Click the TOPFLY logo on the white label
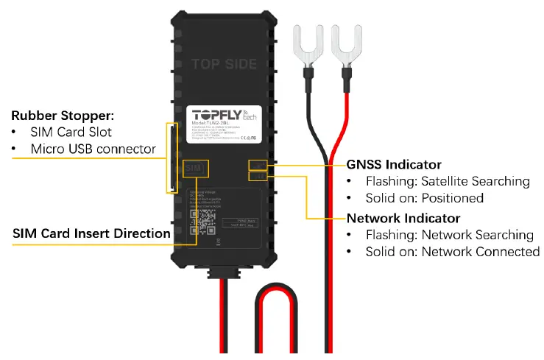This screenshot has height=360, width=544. pyautogui.click(x=221, y=115)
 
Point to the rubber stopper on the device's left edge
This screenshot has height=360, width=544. pyautogui.click(x=172, y=159)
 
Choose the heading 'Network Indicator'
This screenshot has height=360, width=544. pyautogui.click(x=403, y=218)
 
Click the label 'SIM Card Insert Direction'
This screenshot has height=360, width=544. pyautogui.click(x=91, y=233)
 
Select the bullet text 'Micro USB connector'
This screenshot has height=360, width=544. pyautogui.click(x=93, y=149)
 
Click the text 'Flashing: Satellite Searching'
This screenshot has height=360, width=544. pyautogui.click(x=448, y=181)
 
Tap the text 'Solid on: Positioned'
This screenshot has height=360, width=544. pyautogui.click(x=424, y=198)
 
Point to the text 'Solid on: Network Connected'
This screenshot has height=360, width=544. pyautogui.click(x=452, y=252)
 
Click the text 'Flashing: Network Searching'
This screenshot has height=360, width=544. pyautogui.click(x=449, y=235)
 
